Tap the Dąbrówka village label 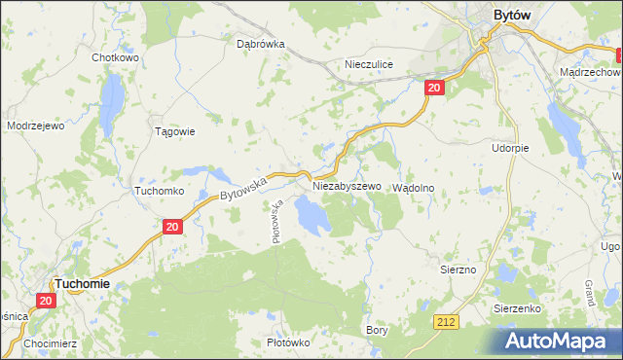(260, 44)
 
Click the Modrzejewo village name (35, 126)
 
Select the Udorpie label (510, 148)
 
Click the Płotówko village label (288, 342)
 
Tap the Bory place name (377, 330)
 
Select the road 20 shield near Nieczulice (434, 89)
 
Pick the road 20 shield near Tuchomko (171, 227)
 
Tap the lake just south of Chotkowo (113, 94)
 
